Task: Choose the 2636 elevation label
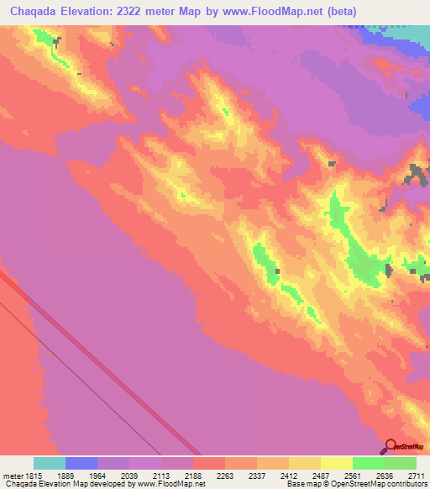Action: [x=384, y=475]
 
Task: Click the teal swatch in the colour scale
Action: [x=50, y=463]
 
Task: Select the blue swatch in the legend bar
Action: [x=81, y=463]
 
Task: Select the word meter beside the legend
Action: [x=11, y=475]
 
